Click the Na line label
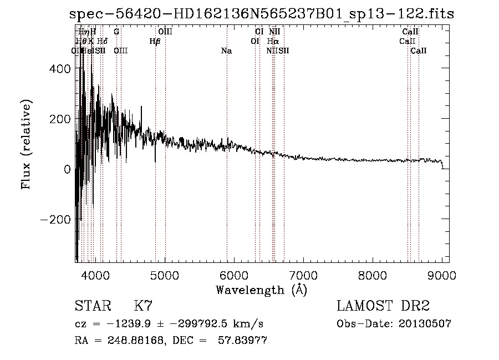coord(226,51)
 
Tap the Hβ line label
coord(155,41)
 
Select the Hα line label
coord(272,41)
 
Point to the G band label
coord(116,32)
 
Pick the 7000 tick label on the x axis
coord(303,275)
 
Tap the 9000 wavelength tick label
coord(441,275)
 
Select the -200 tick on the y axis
coord(54,220)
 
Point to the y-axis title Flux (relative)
coord(26,144)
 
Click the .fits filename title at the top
coord(261,14)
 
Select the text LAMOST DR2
coord(383,306)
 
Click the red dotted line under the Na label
coord(227,166)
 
